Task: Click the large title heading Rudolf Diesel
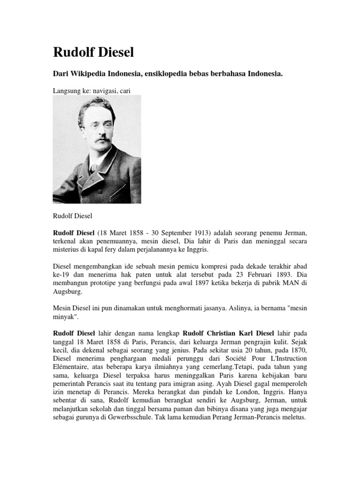pyautogui.click(x=93, y=52)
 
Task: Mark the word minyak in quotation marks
pyautogui.click(x=67, y=317)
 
